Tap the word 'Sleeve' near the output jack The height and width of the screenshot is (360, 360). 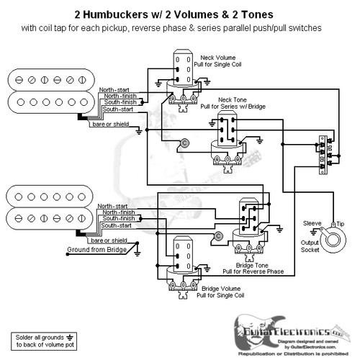312,224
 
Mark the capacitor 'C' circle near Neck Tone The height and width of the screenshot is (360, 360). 185,142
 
